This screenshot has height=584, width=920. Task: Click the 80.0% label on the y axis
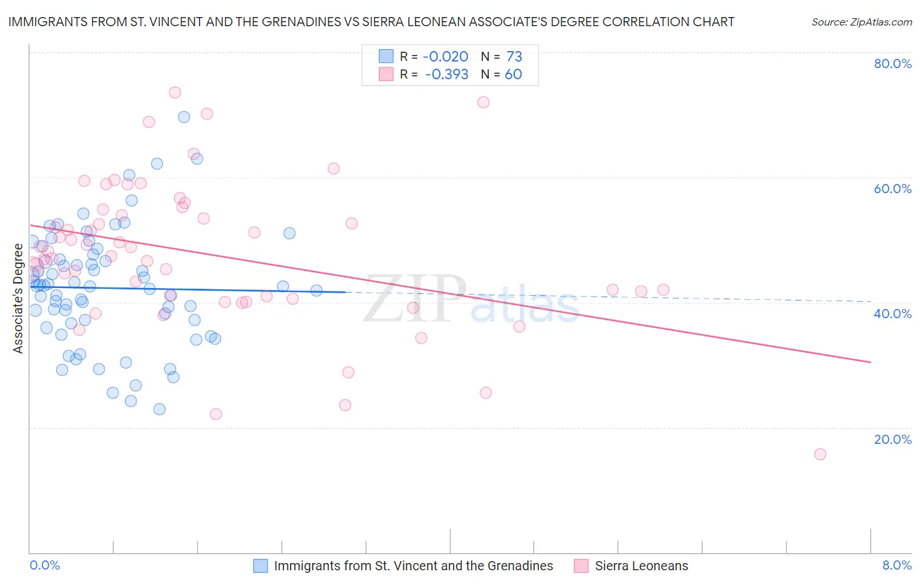[x=893, y=64]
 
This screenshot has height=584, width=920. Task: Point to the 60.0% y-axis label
[x=893, y=189]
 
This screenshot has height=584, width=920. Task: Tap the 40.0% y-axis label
[x=893, y=314]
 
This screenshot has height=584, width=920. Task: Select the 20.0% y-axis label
[x=893, y=439]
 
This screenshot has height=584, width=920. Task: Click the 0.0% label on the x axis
[x=44, y=565]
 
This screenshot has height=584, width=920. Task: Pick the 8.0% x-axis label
[x=896, y=565]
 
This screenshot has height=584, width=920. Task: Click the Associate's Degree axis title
[x=18, y=299]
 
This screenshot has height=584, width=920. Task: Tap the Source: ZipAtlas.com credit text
[x=861, y=22]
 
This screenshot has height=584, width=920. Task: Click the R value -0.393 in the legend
[x=446, y=75]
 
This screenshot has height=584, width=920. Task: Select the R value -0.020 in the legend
[x=445, y=57]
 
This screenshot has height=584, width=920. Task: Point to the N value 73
[x=514, y=57]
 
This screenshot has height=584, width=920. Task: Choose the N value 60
[x=513, y=75]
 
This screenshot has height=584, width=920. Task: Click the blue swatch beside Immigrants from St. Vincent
[x=260, y=566]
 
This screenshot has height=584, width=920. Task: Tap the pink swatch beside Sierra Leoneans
[x=581, y=566]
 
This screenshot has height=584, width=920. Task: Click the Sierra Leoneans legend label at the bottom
[x=641, y=566]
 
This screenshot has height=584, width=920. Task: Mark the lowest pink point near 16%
[x=820, y=454]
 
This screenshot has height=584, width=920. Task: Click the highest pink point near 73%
[x=175, y=92]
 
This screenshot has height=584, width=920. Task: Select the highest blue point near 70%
[x=184, y=117]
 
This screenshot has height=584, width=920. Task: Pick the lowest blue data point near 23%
[x=159, y=409]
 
